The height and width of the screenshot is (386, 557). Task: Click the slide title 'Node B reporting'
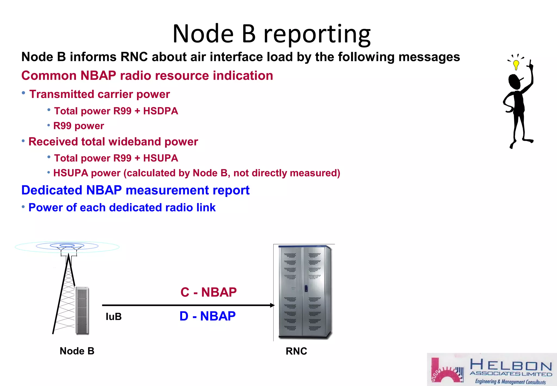tap(271, 34)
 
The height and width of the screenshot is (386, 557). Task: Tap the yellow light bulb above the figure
tap(516, 65)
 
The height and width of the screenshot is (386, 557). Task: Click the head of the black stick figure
tap(514, 81)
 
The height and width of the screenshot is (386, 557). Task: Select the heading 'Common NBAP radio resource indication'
tap(147, 76)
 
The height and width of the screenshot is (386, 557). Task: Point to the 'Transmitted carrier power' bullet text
tap(100, 94)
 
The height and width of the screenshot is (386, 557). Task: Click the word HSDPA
tap(160, 111)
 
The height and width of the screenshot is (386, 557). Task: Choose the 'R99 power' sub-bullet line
tap(79, 126)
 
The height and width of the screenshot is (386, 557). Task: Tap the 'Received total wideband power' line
tap(113, 142)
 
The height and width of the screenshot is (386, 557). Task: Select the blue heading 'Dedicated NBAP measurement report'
tap(135, 190)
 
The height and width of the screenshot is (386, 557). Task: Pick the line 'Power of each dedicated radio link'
tap(122, 208)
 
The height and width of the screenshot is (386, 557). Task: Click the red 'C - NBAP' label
tap(209, 292)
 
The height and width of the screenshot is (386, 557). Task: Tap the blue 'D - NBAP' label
tap(208, 316)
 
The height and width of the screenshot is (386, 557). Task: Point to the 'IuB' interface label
tap(113, 317)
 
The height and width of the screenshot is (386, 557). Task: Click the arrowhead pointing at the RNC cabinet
tap(272, 305)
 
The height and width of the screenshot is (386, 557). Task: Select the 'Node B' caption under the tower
tap(77, 351)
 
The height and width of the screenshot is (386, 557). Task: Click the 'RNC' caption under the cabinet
tap(296, 351)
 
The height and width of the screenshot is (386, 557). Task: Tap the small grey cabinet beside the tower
tap(82, 310)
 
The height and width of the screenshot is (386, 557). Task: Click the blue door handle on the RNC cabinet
tap(306, 288)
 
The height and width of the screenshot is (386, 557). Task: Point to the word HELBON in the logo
tap(511, 365)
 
